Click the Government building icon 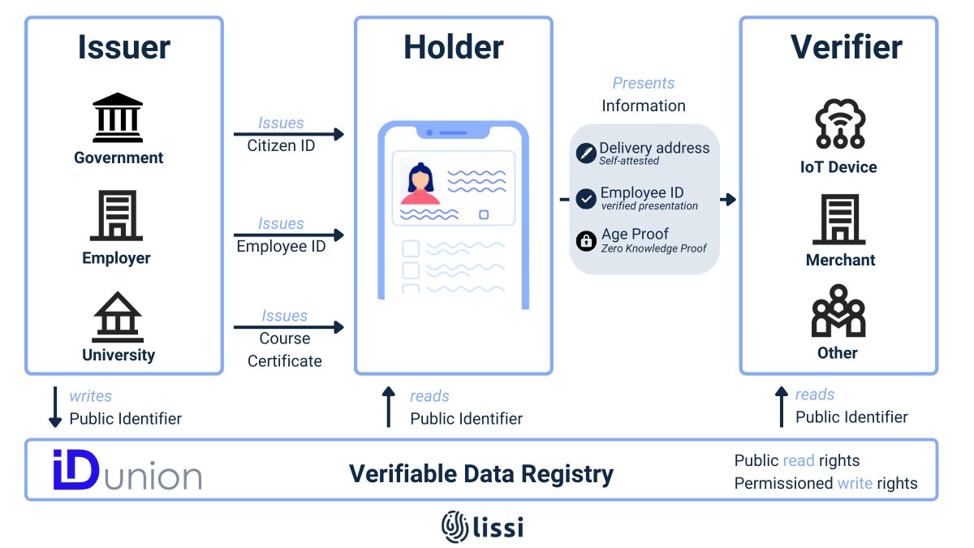tap(118, 118)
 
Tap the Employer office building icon tap(117, 216)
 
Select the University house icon tap(118, 317)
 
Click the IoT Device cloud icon tap(840, 124)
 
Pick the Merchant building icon tap(839, 220)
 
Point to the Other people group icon tap(838, 310)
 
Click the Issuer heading tap(124, 47)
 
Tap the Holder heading tap(454, 47)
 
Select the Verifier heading tap(846, 47)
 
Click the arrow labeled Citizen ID tap(289, 134)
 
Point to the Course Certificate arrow tap(289, 327)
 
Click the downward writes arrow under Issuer tap(55, 407)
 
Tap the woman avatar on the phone tap(420, 183)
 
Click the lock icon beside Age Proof tap(586, 241)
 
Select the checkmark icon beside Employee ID tap(586, 199)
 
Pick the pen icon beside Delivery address tap(586, 153)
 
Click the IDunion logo tap(127, 470)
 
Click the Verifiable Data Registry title tap(481, 473)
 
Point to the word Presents tap(644, 83)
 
